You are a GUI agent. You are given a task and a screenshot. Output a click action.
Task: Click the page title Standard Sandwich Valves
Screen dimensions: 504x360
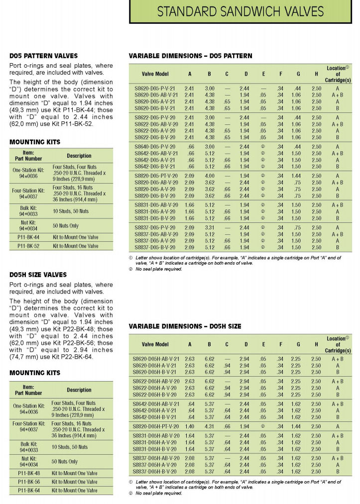click(240, 11)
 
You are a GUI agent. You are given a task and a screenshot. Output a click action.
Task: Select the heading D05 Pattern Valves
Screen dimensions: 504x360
click(43, 56)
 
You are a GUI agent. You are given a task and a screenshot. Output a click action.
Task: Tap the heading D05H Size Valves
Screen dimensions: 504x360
click(38, 275)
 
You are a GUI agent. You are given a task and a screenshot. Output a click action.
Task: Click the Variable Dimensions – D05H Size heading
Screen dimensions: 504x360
click(185, 326)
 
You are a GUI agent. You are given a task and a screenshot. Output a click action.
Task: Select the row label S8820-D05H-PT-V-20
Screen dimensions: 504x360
click(155, 426)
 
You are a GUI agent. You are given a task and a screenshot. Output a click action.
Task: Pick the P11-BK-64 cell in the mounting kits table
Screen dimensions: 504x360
click(29, 491)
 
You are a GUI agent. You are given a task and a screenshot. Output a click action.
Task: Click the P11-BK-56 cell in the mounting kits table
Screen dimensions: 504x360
click(29, 482)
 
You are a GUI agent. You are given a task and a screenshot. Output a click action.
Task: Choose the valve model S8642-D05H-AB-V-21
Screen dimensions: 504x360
click(156, 404)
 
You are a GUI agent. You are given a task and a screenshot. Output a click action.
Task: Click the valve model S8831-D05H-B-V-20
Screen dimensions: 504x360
click(155, 448)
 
